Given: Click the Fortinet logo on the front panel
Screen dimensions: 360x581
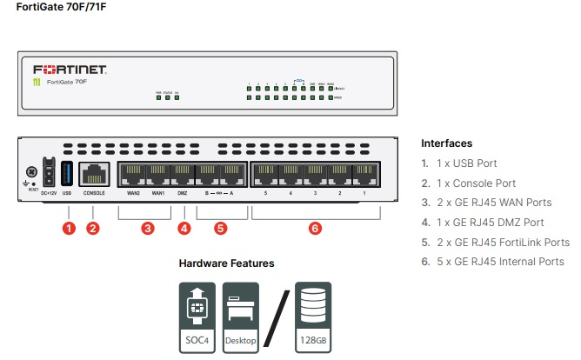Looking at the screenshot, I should (70, 69).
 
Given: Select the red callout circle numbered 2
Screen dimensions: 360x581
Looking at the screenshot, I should (93, 229).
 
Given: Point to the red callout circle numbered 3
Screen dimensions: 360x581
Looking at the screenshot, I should (147, 229).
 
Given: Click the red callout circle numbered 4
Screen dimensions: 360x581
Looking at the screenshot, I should (184, 229).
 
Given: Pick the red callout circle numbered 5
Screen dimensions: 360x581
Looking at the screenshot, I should (220, 229).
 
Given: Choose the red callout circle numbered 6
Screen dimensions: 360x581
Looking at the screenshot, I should (315, 229).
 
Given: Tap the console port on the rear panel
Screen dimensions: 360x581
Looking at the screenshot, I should (94, 173).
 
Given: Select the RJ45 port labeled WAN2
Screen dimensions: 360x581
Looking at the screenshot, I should (133, 174).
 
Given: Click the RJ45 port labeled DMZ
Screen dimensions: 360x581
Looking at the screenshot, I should (183, 174).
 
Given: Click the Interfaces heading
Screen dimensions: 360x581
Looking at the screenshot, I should (447, 143).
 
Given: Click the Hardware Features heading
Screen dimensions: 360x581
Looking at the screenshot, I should (226, 263).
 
